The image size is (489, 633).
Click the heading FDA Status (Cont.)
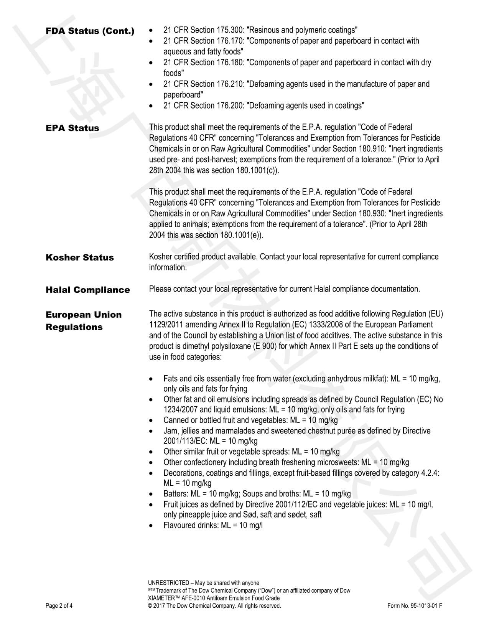pos(90,31)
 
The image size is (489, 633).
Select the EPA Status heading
pos(72,128)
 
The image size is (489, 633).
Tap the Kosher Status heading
pos(79,257)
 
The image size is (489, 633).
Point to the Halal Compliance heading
pos(87,290)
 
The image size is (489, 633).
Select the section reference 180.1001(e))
pos(242,235)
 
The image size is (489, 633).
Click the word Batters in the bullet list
pos(175,494)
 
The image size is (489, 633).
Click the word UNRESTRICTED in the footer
pos(168,583)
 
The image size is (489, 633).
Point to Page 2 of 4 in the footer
pos(59,606)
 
